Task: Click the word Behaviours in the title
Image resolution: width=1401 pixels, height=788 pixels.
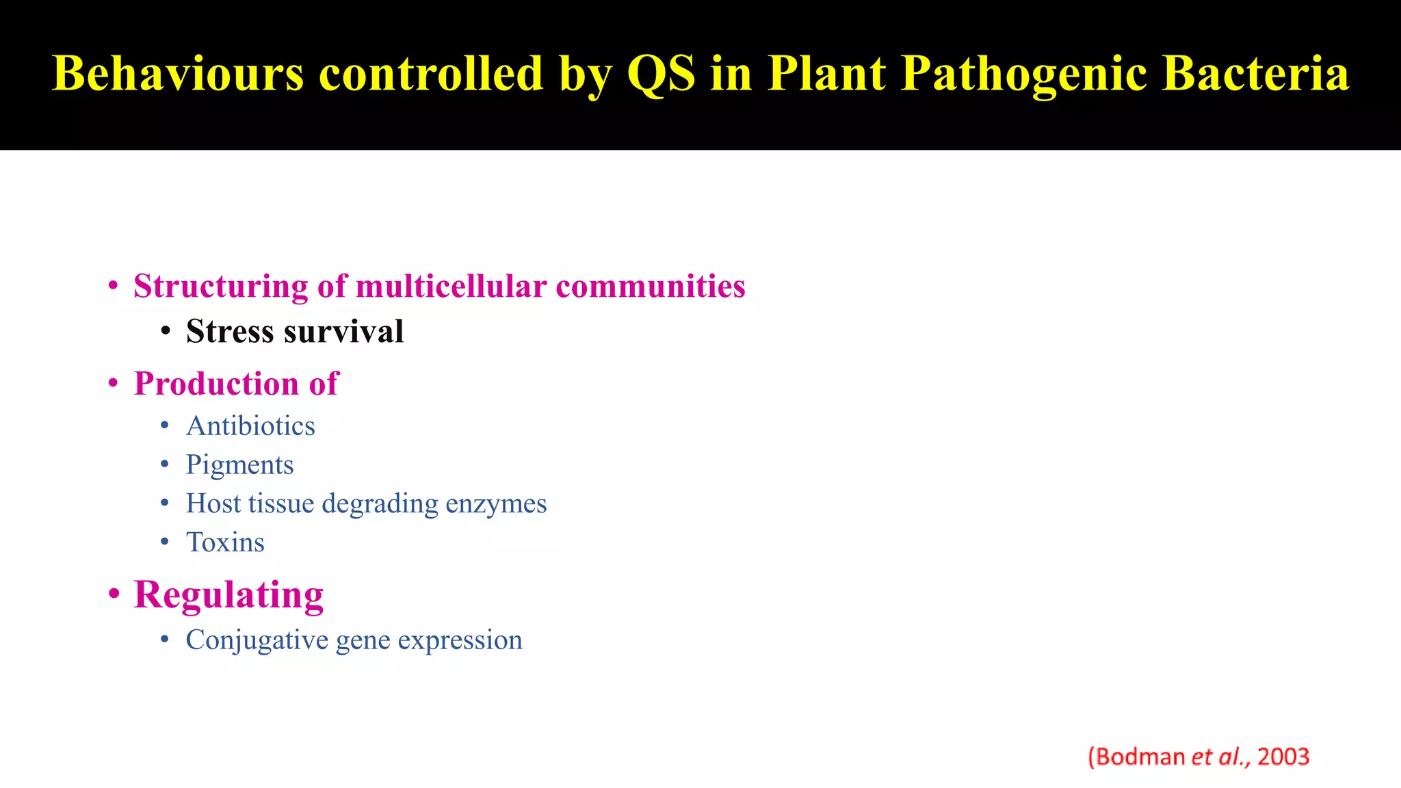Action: [x=178, y=73]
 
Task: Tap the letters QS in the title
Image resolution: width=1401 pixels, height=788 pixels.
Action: [x=661, y=73]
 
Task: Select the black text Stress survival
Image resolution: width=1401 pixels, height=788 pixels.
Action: [x=295, y=332]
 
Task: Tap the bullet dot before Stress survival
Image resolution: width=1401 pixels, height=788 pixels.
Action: [x=166, y=332]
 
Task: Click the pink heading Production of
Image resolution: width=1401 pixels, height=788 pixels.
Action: [x=236, y=384]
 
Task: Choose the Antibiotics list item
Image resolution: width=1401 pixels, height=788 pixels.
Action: [x=250, y=426]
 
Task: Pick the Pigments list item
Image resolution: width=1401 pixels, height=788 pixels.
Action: [x=239, y=465]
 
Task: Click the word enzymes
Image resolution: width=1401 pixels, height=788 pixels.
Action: [x=496, y=504]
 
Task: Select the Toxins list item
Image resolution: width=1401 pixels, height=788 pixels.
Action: [x=225, y=543]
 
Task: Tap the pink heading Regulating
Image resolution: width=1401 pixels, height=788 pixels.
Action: [x=228, y=594]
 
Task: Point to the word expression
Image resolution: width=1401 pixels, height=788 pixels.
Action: [x=460, y=641]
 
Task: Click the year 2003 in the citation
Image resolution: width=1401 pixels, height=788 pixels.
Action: [x=1283, y=757]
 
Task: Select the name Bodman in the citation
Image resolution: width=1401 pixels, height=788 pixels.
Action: [x=1140, y=757]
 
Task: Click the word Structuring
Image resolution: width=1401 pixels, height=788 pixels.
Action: [x=220, y=286]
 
